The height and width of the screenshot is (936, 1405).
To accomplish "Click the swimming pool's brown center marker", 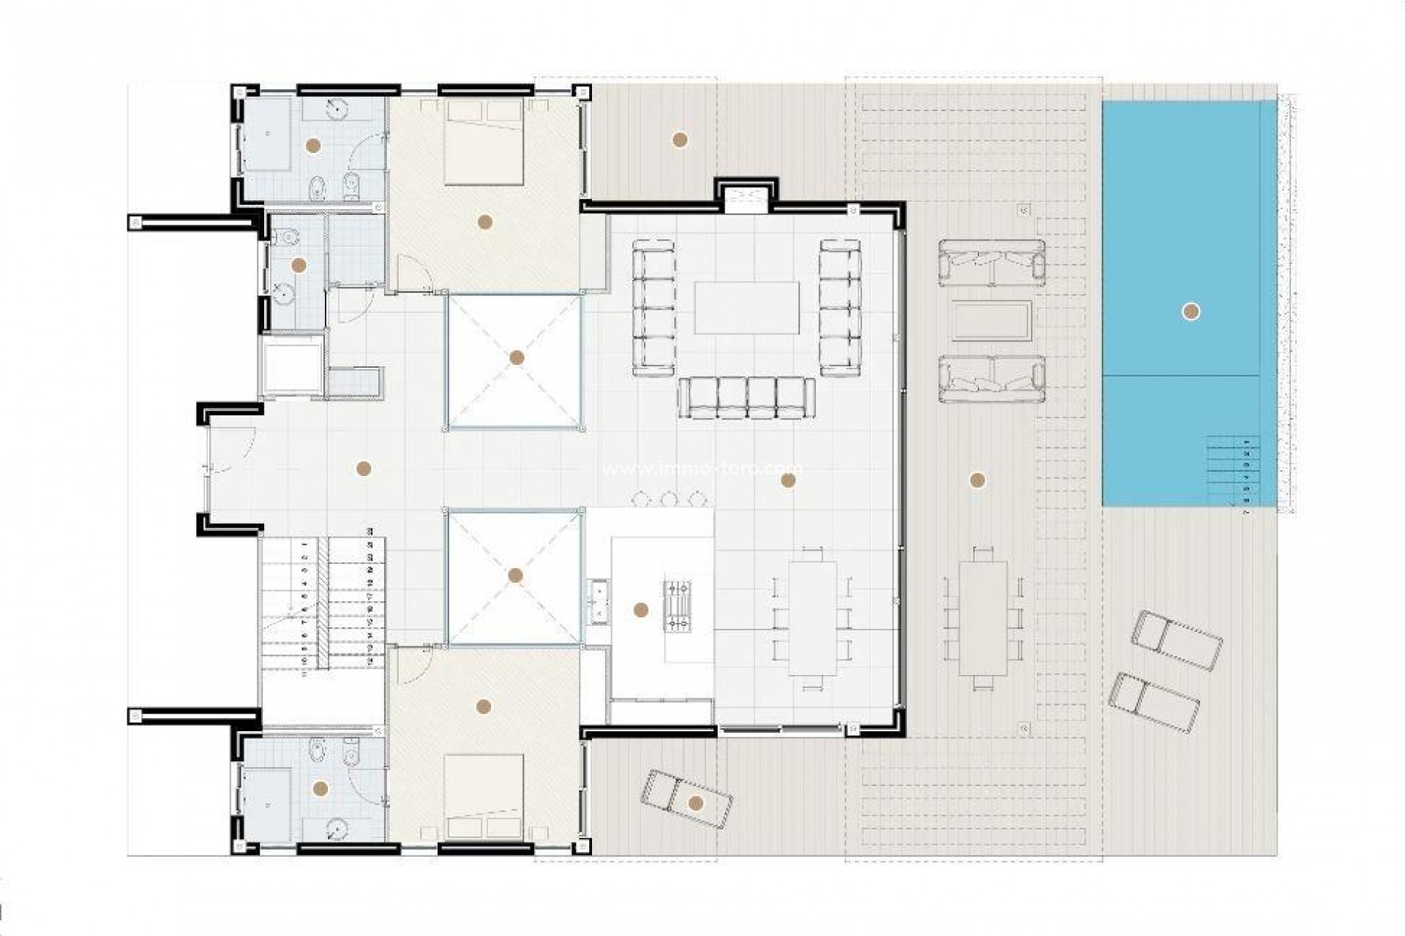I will point(1191,312).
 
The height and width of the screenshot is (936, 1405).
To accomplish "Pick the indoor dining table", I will point(812,618).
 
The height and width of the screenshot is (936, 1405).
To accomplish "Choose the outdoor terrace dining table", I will point(983,619).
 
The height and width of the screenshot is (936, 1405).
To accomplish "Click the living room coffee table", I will point(746,307).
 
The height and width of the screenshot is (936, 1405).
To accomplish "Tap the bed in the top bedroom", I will point(483,143).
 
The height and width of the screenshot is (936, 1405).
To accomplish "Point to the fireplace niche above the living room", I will point(746,198).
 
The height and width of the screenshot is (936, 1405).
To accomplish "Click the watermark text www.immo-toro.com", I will point(702,469).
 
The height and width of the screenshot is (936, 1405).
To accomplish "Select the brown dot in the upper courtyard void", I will point(517,358).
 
